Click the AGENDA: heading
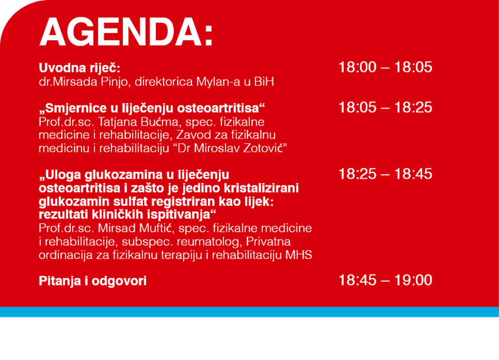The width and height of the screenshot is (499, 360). pos(126,32)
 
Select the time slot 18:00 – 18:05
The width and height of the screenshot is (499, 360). pos(385,67)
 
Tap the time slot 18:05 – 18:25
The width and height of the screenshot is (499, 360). pos(385,107)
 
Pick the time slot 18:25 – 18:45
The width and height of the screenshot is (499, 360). pos(385,174)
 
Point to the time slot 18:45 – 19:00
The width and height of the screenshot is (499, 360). pos(385,280)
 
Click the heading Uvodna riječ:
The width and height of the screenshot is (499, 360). pos(80,68)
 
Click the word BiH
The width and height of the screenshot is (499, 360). pos(264,81)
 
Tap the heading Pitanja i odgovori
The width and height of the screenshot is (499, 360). pos(93,281)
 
